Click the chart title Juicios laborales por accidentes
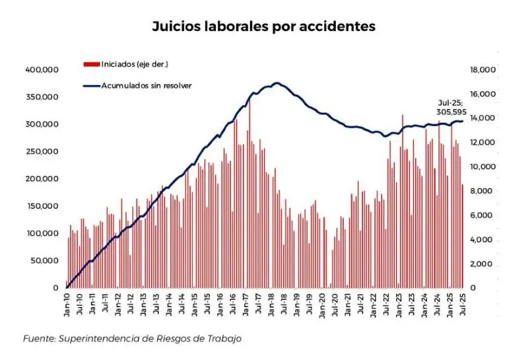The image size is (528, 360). pos(263,27)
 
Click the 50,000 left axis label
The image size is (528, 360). pos(46,260)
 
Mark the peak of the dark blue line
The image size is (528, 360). pos(277,83)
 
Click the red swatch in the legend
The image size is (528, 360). pos(91,64)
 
